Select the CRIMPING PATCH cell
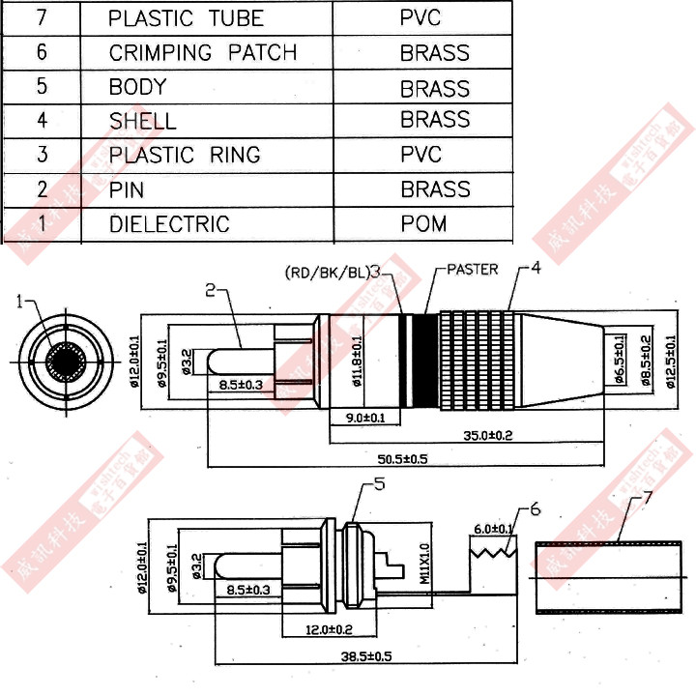click(x=202, y=52)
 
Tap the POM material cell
click(x=423, y=223)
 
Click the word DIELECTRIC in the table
click(x=169, y=224)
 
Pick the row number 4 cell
click(x=42, y=120)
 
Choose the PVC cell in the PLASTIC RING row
click(x=420, y=155)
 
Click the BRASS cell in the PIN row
click(x=435, y=189)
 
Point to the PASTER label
click(x=472, y=269)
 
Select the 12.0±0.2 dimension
click(x=329, y=629)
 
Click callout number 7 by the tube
click(x=647, y=498)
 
